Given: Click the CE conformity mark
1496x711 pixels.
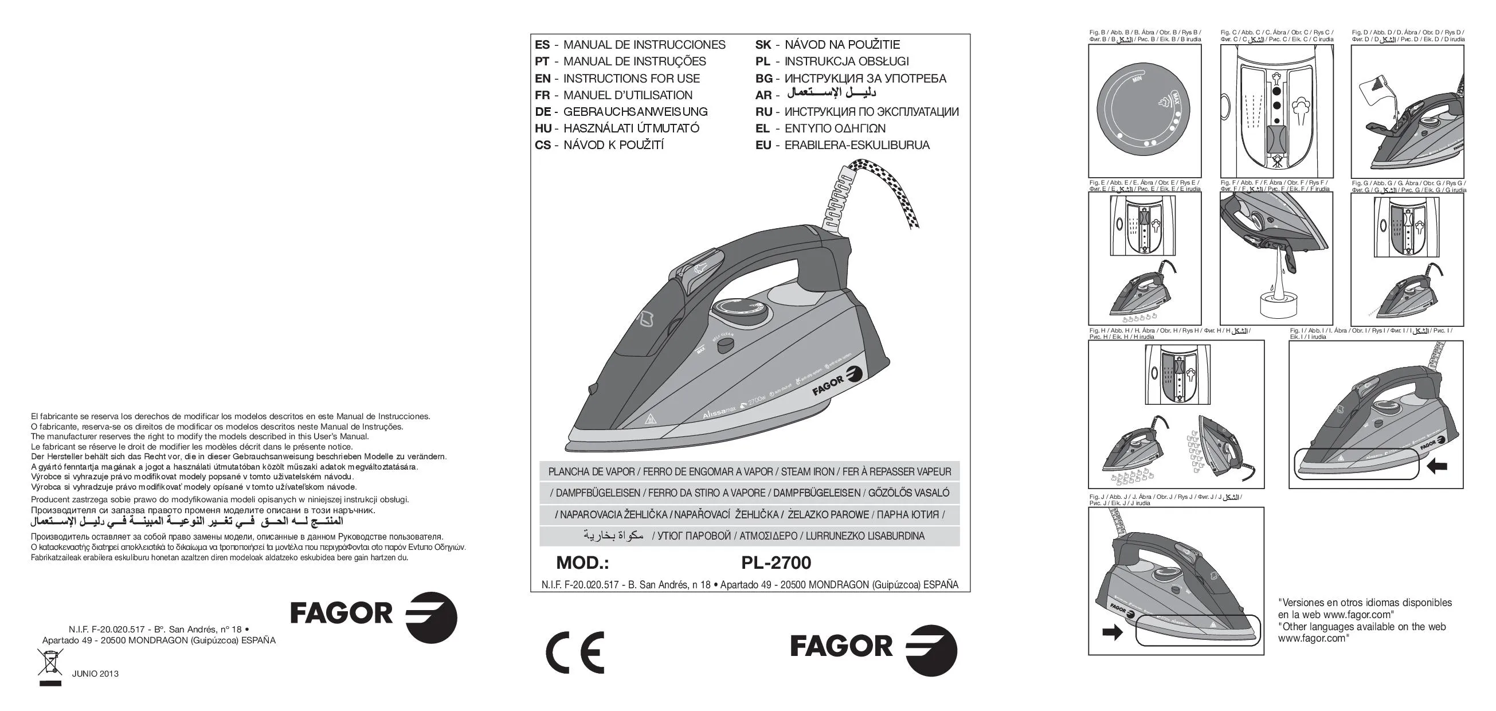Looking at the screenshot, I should point(574,652).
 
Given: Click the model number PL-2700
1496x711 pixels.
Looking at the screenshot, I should point(776,563).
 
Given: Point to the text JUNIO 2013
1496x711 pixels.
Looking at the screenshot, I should point(95,674).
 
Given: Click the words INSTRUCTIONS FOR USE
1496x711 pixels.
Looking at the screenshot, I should point(631,79).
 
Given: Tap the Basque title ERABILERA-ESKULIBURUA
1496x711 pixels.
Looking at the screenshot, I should point(856,145).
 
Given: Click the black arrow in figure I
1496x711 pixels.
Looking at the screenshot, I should point(1437,466).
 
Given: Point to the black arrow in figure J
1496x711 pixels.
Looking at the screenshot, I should point(1112,632).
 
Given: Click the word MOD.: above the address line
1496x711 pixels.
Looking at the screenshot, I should point(582,563).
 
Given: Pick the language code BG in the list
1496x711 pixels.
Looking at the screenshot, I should point(763,79).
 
